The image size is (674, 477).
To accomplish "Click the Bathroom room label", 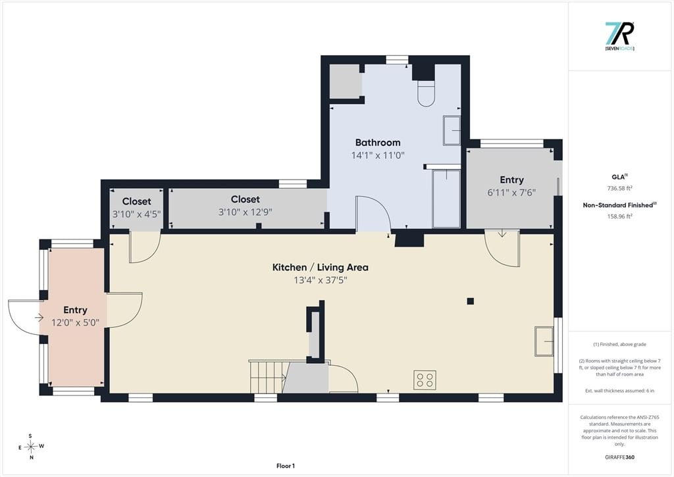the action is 378,142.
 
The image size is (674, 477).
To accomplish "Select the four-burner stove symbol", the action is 425,380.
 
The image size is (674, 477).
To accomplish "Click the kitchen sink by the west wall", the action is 544,341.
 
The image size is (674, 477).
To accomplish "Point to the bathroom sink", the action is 452,130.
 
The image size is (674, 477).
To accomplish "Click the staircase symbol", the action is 268,376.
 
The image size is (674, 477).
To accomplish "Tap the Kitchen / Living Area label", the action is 321,267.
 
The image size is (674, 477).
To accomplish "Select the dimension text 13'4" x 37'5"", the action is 321,280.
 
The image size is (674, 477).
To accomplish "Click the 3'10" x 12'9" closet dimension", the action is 246,212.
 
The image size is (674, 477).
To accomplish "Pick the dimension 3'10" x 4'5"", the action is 136,214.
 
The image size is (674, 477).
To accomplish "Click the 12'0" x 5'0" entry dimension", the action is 75,322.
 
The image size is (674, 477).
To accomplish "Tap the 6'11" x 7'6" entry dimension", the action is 511,193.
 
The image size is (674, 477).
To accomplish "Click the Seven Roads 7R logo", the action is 619,36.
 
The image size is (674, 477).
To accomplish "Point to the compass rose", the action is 31,447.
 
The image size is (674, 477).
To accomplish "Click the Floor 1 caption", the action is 286,466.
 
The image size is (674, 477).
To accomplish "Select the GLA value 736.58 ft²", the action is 619,188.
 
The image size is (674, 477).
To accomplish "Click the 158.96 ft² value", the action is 619,216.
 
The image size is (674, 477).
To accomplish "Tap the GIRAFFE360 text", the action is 619,457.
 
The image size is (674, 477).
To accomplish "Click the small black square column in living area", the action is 470,301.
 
